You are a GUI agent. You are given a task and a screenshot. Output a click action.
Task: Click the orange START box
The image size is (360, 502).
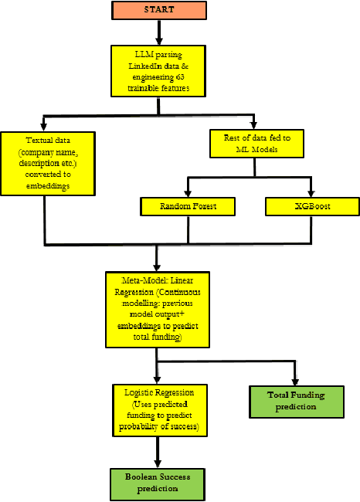tap(158, 11)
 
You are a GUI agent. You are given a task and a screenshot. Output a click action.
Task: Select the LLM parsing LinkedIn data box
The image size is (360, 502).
tap(158, 72)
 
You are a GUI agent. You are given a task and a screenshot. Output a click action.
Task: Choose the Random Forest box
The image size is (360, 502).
tap(188, 206)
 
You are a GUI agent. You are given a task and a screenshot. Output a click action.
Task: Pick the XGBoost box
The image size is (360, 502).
tap(311, 206)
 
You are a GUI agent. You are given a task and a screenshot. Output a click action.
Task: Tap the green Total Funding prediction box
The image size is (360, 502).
tap(296, 400)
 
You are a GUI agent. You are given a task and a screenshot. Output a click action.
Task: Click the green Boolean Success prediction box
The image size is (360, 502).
tap(157, 482)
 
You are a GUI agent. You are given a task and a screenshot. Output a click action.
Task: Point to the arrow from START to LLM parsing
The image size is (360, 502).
tap(158, 32)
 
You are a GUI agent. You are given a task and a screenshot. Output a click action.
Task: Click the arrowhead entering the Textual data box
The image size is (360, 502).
tap(43, 127)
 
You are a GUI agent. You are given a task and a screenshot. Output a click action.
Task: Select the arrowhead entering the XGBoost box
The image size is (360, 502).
tap(311, 193)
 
